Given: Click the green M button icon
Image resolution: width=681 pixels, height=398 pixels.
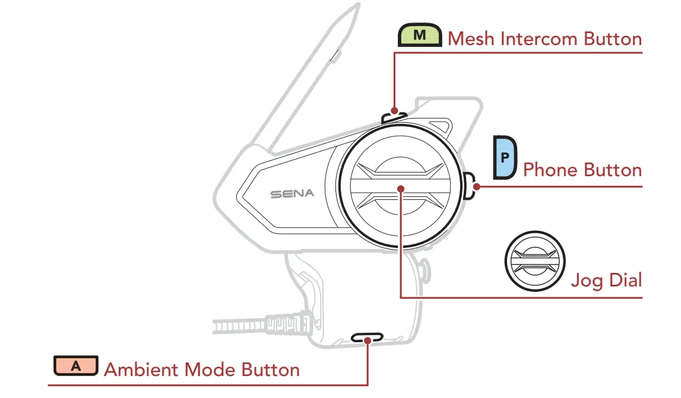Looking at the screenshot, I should click(420, 36).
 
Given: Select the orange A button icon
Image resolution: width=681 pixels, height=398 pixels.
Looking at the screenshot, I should click(76, 366).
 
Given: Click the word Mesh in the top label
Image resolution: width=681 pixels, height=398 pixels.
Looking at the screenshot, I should click(472, 39).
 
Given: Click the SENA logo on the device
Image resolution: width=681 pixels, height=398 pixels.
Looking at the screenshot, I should click(292, 194).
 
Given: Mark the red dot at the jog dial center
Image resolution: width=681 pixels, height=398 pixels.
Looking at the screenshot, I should click(401, 189).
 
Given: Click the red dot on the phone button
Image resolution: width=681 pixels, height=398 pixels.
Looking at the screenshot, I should click(477, 186).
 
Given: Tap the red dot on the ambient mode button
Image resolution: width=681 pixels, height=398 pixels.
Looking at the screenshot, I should click(369, 339).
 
